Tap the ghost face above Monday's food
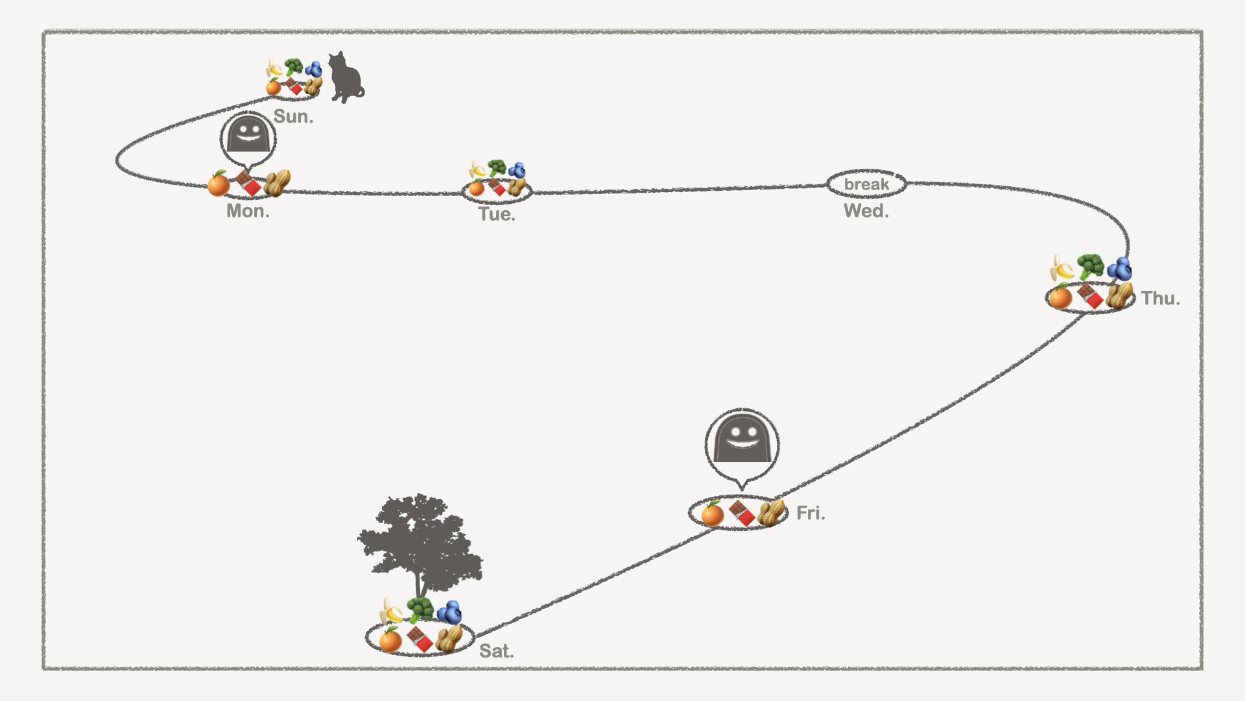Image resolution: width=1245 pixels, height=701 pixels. [248, 135]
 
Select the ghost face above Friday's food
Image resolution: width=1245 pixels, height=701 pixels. [742, 440]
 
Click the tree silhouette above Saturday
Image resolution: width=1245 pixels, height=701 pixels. [420, 542]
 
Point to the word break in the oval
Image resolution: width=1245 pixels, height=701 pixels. [866, 184]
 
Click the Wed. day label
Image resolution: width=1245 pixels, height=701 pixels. [866, 211]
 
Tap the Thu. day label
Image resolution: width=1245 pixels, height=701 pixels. [1160, 299]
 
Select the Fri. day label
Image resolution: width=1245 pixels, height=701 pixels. [811, 513]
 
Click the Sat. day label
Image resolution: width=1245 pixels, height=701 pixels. [496, 651]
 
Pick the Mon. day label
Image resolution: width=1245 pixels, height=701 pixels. [248, 211]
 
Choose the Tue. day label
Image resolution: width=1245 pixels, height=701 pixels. [497, 214]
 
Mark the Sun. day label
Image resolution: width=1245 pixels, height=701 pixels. [293, 117]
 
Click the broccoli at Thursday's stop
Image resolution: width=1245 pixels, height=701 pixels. [1091, 266]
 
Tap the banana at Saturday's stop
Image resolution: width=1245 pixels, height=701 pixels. [391, 611]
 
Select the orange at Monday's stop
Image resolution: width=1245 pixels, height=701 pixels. [219, 184]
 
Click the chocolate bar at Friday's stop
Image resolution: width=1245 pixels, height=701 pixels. [742, 513]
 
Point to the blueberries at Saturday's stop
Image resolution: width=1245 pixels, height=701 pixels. [449, 612]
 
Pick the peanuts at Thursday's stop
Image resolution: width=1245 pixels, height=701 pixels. [1120, 296]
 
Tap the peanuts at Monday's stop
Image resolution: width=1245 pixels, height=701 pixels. [277, 183]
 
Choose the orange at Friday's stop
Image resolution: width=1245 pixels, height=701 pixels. [712, 514]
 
